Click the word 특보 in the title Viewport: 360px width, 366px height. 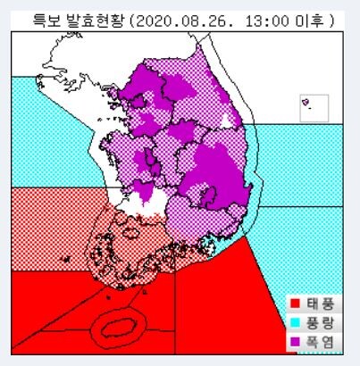point(46,19)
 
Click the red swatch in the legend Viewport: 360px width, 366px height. point(295,302)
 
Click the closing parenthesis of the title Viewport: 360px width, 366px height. point(331,19)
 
